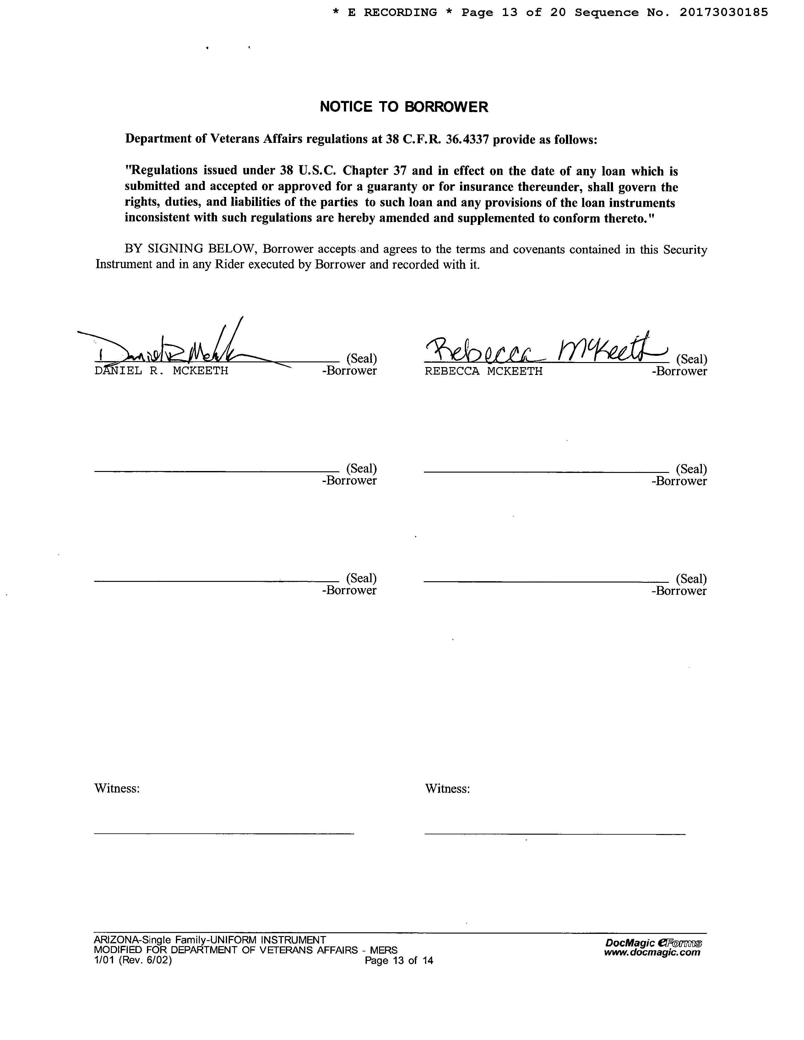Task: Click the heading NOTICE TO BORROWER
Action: tap(404, 107)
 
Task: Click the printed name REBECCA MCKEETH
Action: tap(483, 371)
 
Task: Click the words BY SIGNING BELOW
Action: tap(191, 249)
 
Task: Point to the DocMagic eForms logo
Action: tap(654, 942)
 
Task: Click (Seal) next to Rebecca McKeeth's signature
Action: tap(691, 359)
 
